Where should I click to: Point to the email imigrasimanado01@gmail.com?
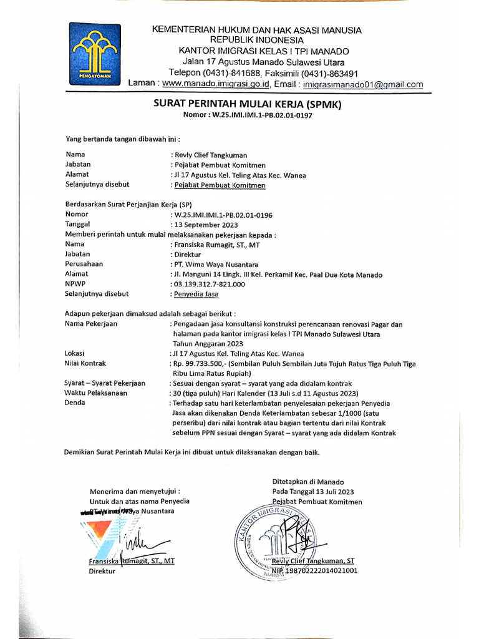tap(362, 84)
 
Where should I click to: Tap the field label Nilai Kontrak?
tap(85, 363)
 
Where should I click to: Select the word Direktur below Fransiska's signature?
tap(102, 570)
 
